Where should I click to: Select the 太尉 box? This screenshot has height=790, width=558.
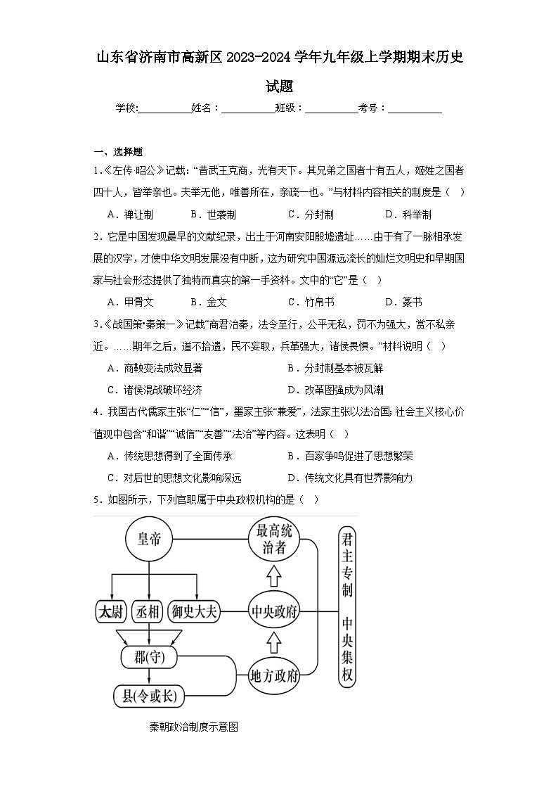click(x=110, y=611)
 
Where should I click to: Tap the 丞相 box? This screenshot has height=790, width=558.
click(x=148, y=611)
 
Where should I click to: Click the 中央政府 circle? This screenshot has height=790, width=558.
click(x=274, y=611)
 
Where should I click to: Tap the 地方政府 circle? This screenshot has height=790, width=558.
click(x=274, y=677)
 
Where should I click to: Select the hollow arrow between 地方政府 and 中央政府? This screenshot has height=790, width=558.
click(x=274, y=643)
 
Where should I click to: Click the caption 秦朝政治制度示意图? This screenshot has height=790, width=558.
click(x=194, y=727)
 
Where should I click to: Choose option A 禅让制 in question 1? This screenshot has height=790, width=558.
click(x=130, y=215)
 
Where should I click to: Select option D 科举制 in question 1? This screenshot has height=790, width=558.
click(x=408, y=215)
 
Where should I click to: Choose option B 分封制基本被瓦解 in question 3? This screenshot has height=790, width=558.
click(x=335, y=368)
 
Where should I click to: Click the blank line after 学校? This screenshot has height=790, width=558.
click(x=164, y=108)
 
